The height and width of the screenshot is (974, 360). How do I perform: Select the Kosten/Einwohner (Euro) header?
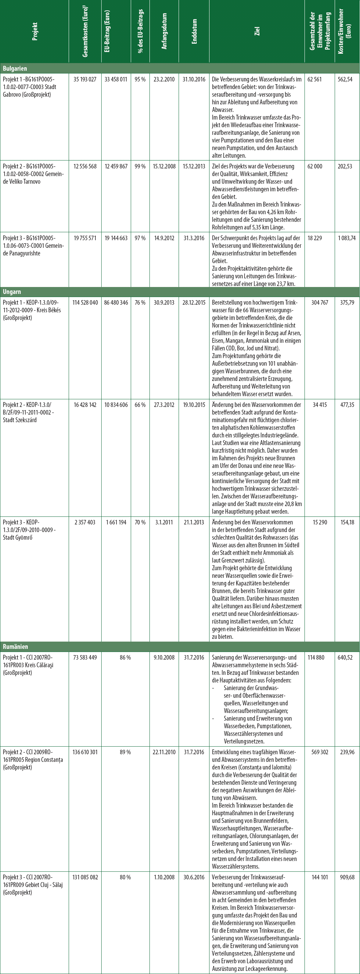point(347,32)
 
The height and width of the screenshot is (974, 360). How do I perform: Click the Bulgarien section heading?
point(15,68)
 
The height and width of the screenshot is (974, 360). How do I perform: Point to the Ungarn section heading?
point(12,292)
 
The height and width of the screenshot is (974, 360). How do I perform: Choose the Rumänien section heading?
point(16,646)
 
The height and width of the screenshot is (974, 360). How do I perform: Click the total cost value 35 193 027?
point(85,79)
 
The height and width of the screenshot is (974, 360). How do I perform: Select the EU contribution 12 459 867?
point(116,166)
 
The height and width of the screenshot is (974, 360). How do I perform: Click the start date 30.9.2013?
point(164,303)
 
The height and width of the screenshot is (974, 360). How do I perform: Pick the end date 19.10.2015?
point(194,405)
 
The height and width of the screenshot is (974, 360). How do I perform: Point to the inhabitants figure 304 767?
point(320,303)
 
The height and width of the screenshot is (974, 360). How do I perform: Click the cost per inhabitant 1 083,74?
point(347,238)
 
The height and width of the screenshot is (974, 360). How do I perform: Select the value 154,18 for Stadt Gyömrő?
point(347,523)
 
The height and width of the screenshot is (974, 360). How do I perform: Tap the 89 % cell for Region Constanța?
point(125,752)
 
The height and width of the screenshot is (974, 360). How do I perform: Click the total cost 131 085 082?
point(85,877)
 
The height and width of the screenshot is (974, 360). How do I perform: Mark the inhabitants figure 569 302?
point(320,752)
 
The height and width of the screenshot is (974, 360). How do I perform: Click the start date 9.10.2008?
point(164,658)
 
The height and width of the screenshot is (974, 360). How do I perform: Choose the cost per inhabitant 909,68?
point(347,877)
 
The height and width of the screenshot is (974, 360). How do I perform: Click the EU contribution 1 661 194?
point(116,523)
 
